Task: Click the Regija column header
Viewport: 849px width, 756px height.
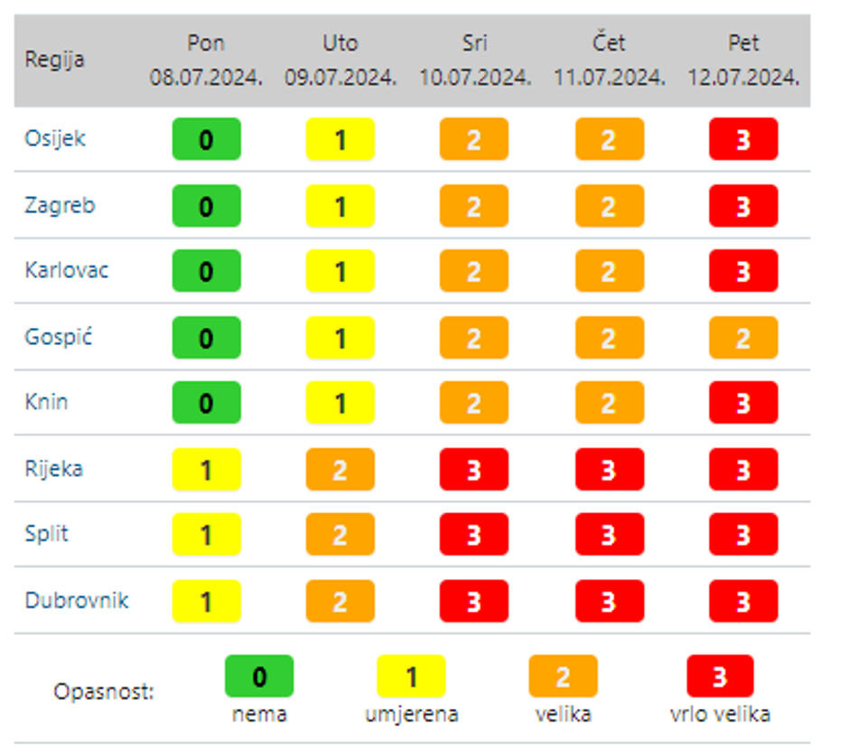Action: (x=54, y=61)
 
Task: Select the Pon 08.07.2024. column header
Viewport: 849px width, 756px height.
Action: (x=206, y=61)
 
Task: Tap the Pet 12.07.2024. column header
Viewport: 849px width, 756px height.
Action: (x=743, y=61)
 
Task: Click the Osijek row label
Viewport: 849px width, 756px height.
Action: (x=55, y=139)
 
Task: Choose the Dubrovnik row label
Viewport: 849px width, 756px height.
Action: (x=76, y=601)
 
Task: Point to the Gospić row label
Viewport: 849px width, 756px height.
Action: (x=59, y=338)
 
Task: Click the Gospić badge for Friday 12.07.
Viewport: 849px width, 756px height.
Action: (x=743, y=338)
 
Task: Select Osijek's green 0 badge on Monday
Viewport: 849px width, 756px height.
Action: (x=206, y=140)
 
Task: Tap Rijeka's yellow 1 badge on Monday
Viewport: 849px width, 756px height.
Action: (x=206, y=470)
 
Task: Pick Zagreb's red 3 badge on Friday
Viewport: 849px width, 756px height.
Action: (x=743, y=206)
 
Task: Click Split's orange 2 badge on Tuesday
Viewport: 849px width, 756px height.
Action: (x=340, y=535)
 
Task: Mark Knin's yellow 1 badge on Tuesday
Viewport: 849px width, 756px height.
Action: (x=340, y=403)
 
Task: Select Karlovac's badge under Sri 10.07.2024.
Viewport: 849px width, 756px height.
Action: (x=474, y=271)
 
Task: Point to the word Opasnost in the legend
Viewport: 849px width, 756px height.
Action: (x=104, y=693)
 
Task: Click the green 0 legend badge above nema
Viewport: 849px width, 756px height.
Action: (x=259, y=677)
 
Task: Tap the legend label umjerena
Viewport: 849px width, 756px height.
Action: (x=411, y=714)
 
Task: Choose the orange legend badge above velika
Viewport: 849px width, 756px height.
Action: (x=563, y=677)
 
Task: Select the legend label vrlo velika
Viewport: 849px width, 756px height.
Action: (x=720, y=714)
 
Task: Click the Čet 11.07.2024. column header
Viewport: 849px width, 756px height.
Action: (x=609, y=61)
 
